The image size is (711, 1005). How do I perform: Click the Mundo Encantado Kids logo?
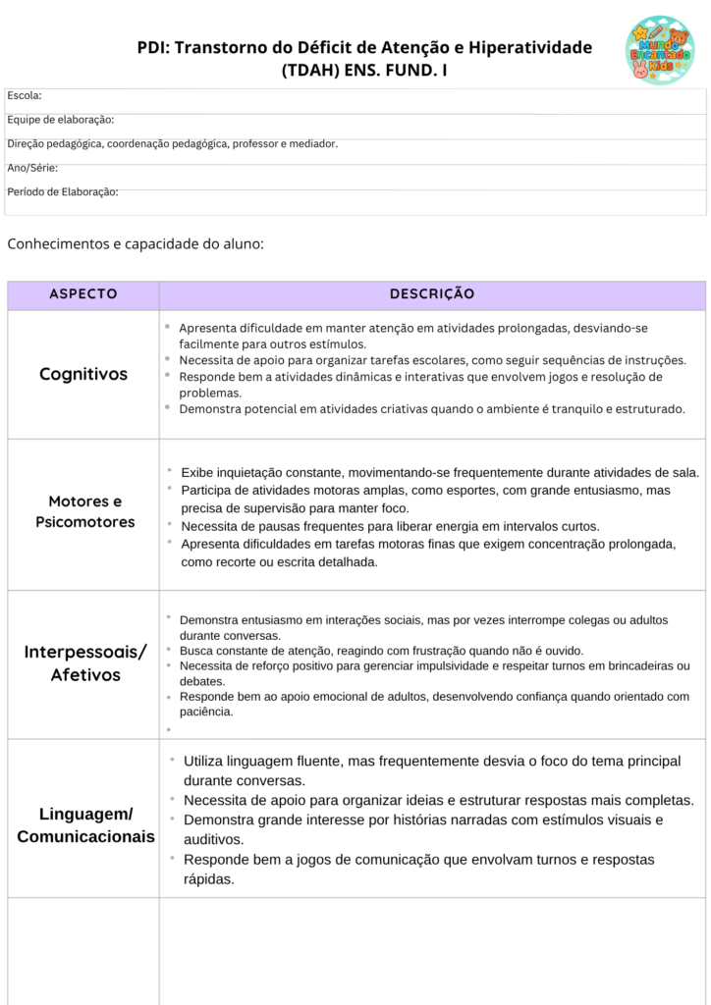point(658,49)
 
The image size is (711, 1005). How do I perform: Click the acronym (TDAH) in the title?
point(310,71)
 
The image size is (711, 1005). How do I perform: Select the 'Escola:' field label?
point(25,95)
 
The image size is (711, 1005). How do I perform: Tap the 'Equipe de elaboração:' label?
point(61,120)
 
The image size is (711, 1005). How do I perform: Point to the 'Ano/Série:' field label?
point(32,168)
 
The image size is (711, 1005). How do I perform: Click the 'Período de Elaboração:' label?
point(63,191)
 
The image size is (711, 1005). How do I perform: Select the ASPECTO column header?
point(83,294)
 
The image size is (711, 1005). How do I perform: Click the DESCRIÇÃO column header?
point(432,294)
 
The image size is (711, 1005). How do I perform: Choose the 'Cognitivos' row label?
point(83,374)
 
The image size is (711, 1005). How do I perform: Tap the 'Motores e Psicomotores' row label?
point(85,511)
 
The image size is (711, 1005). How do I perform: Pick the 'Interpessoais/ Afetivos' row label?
point(85,663)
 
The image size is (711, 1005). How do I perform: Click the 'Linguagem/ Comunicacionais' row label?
point(85,825)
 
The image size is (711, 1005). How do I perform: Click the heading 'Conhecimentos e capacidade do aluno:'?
point(136,243)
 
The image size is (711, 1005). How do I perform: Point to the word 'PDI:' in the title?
point(153,48)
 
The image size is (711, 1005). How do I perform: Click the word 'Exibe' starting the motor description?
point(197,472)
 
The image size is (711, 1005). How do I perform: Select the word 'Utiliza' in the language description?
point(207,761)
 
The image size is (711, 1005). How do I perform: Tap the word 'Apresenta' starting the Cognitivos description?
point(205,328)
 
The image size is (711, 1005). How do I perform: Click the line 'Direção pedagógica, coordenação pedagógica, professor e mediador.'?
point(172,143)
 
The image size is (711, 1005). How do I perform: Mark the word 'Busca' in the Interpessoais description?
point(195,650)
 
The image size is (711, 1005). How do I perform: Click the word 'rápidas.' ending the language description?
point(209,879)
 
